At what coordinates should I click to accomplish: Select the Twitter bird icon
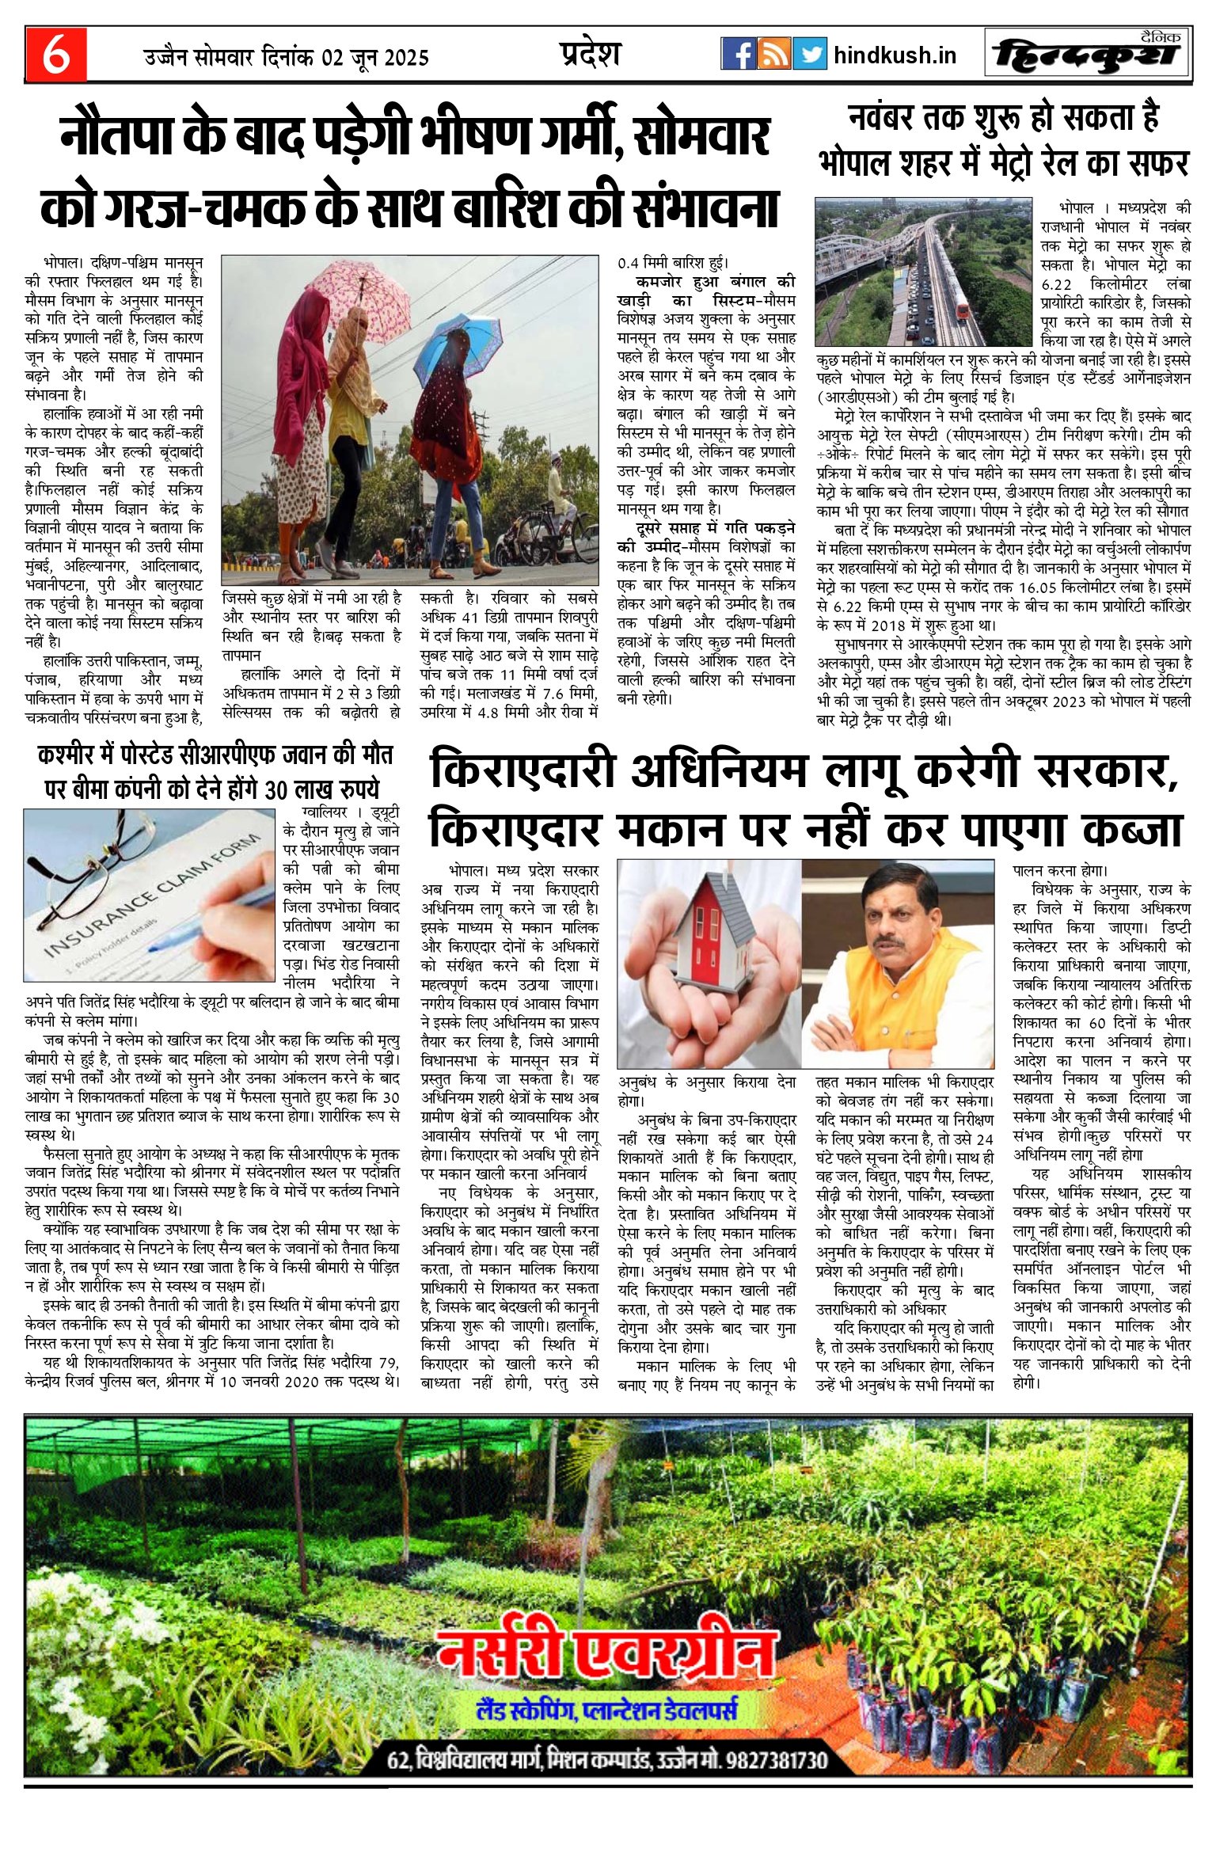coord(809,55)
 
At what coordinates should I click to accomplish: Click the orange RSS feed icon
coord(773,55)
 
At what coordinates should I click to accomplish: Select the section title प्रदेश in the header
coord(588,54)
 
